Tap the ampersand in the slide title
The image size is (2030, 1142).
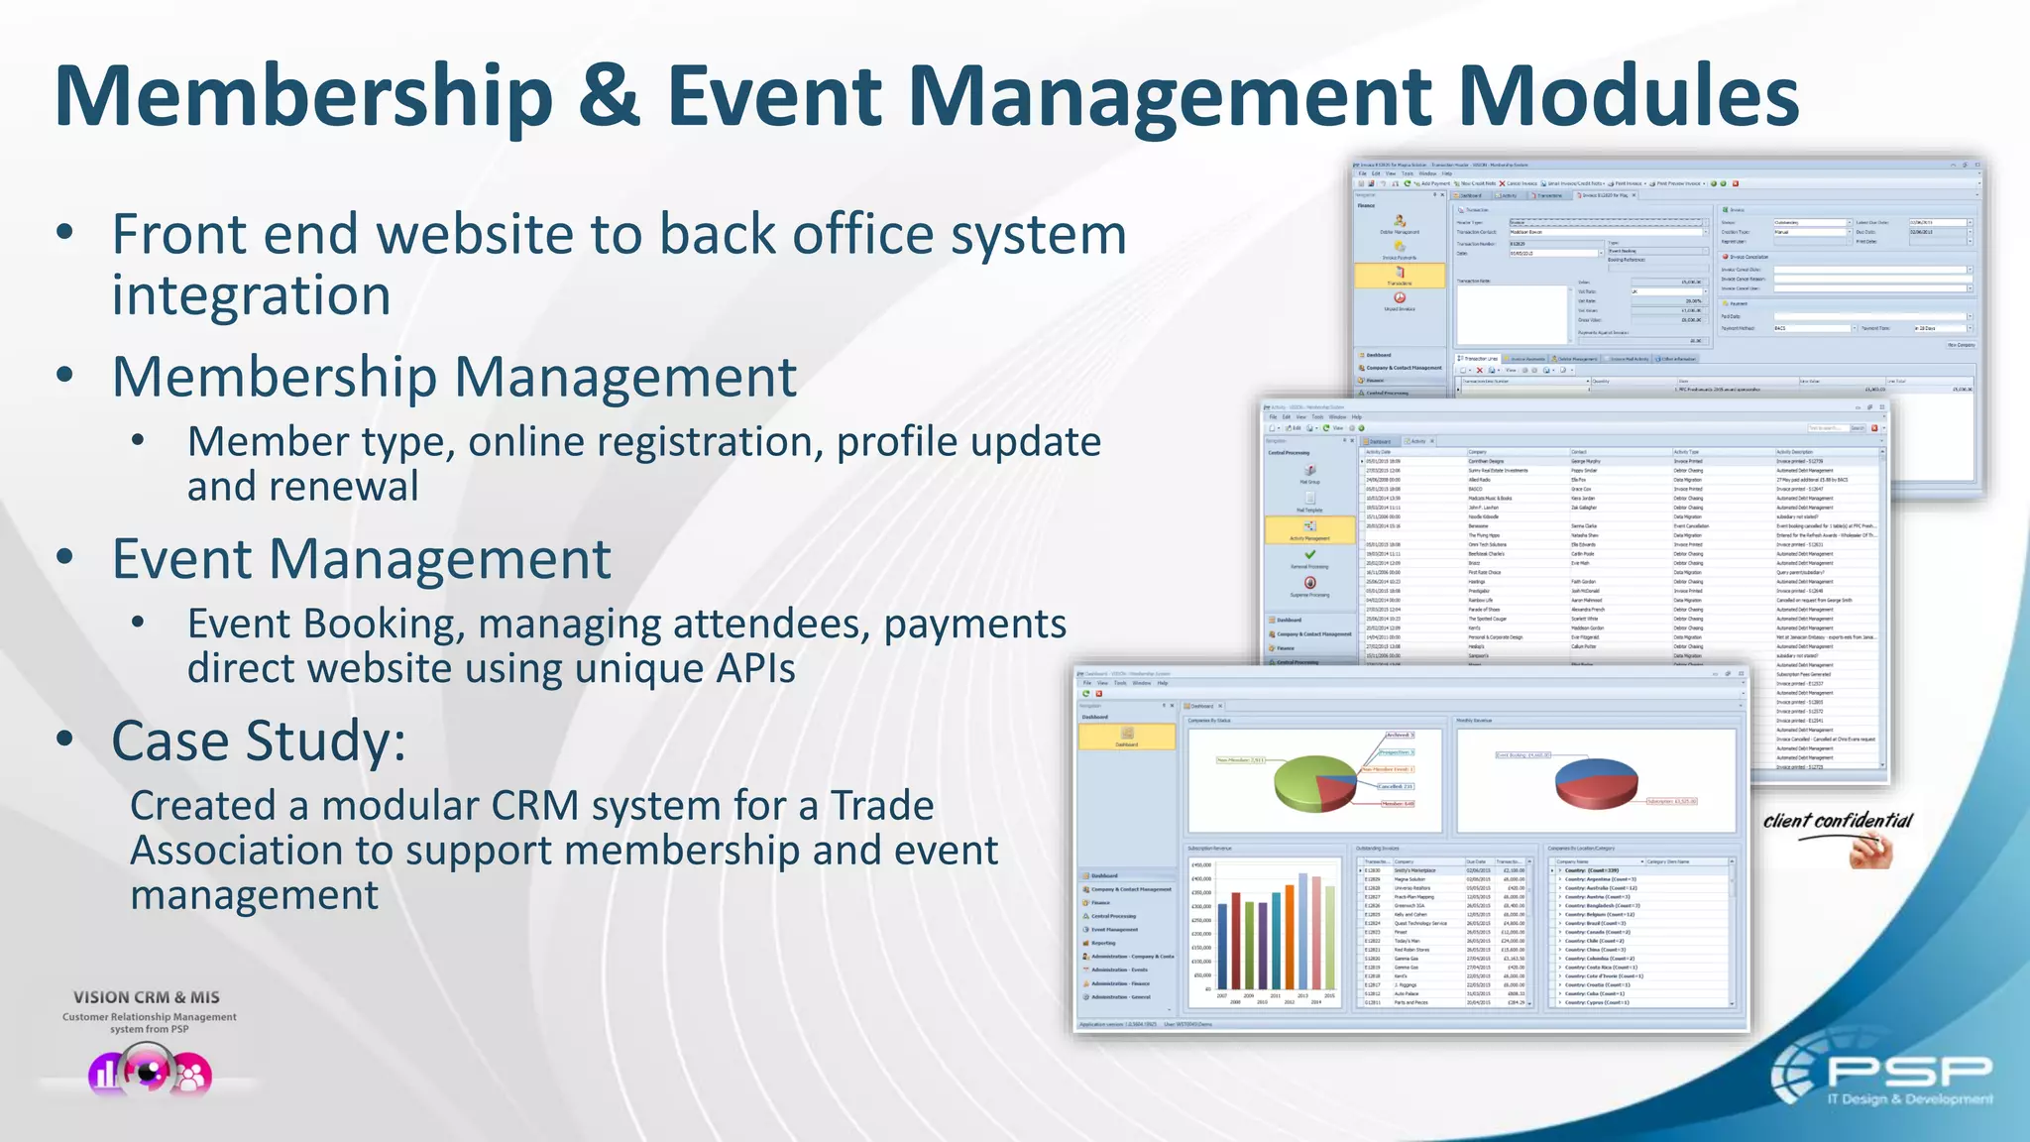click(x=609, y=95)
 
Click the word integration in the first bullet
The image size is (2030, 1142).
click(x=251, y=295)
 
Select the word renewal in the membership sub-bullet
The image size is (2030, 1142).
click(x=354, y=486)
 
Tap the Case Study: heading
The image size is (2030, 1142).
click(x=259, y=741)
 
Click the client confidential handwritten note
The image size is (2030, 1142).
click(x=1837, y=821)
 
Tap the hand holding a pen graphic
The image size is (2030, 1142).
click(x=1871, y=851)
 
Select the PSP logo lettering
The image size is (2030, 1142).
click(x=1908, y=1071)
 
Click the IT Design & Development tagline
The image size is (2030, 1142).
click(x=1909, y=1099)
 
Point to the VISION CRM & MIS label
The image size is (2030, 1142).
click(x=147, y=997)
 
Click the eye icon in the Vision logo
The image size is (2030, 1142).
click(x=149, y=1072)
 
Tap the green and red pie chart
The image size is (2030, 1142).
click(x=1314, y=782)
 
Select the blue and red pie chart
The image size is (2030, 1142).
click(x=1596, y=782)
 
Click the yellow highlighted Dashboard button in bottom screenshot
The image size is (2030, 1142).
click(x=1126, y=737)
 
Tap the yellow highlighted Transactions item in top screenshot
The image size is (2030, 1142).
click(x=1399, y=276)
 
